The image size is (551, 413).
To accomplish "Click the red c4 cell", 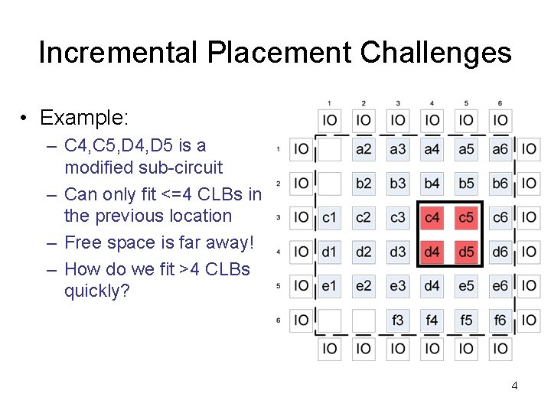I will click(432, 218).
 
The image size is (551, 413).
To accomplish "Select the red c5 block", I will click(466, 218).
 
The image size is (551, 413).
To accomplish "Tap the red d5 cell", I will click(466, 252).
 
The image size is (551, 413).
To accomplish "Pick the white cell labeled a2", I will click(364, 149).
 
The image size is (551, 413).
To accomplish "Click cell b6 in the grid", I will click(500, 184).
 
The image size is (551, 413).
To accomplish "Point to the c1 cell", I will click(329, 218).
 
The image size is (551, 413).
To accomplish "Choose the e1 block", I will click(329, 286).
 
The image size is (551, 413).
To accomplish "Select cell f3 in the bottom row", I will click(398, 320).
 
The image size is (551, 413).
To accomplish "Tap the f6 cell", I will click(500, 320).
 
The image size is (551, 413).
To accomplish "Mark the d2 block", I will click(364, 252).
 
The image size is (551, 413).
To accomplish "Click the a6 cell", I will click(500, 149).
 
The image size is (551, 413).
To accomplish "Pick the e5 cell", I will click(466, 286).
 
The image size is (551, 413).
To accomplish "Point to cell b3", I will click(398, 184).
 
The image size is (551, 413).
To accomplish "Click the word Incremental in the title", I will click(118, 53).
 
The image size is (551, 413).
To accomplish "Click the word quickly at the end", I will click(96, 291).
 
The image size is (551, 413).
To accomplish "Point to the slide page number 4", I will click(514, 385).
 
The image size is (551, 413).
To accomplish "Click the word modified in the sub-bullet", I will click(98, 167).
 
